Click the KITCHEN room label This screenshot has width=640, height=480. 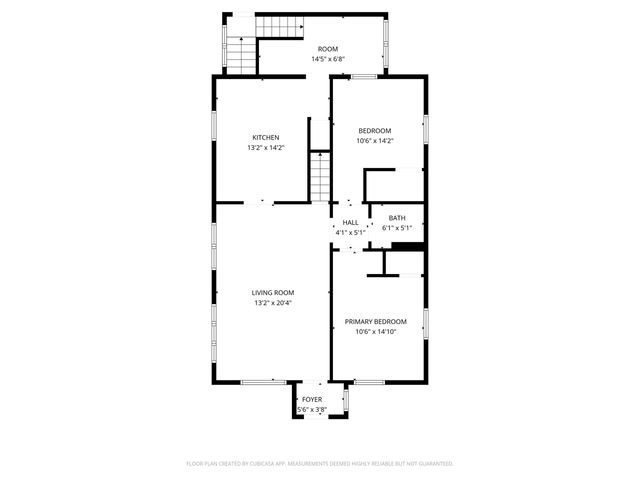[x=265, y=137]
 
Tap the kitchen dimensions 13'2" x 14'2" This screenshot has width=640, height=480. [x=265, y=148]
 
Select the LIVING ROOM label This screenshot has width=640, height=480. [x=273, y=293]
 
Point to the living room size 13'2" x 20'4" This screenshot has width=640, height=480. [x=273, y=303]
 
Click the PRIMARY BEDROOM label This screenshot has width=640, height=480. [x=375, y=322]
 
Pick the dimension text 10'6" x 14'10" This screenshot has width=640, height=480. [x=375, y=332]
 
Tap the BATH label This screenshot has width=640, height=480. [x=397, y=218]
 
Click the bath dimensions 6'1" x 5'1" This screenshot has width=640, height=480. [x=397, y=228]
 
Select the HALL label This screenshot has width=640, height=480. [x=350, y=223]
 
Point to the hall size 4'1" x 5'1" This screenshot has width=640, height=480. [x=350, y=233]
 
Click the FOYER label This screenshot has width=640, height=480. [x=312, y=399]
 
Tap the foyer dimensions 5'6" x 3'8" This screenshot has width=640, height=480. [x=312, y=409]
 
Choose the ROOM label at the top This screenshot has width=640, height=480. [x=328, y=49]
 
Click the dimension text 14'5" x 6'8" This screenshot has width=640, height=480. [x=328, y=59]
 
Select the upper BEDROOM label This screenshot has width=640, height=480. [x=375, y=130]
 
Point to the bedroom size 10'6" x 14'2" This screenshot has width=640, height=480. [x=375, y=141]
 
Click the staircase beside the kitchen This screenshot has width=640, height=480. [x=318, y=177]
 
